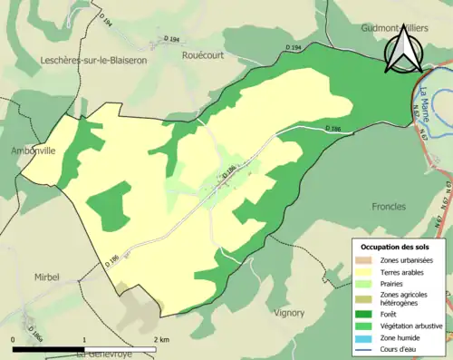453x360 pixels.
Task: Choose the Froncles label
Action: [x=389, y=207]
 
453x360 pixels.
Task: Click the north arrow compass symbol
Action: [x=400, y=50]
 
